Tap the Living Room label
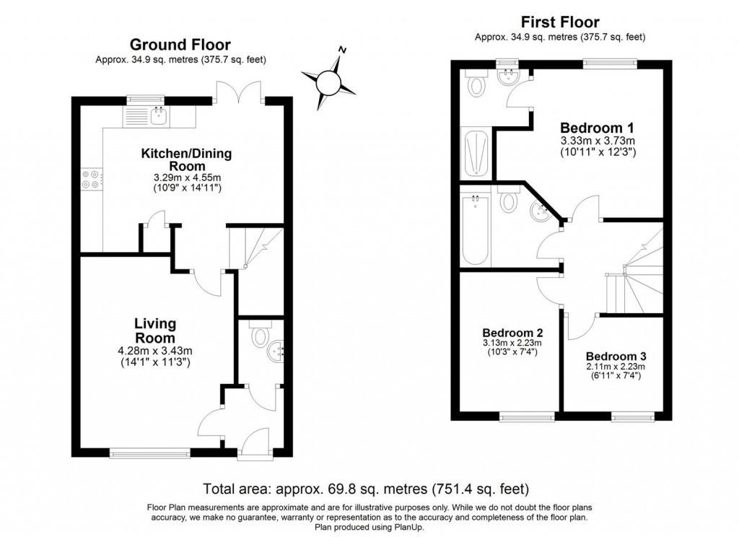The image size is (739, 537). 155,331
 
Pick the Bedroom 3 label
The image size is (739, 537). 615,356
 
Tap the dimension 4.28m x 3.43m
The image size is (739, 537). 155,352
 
